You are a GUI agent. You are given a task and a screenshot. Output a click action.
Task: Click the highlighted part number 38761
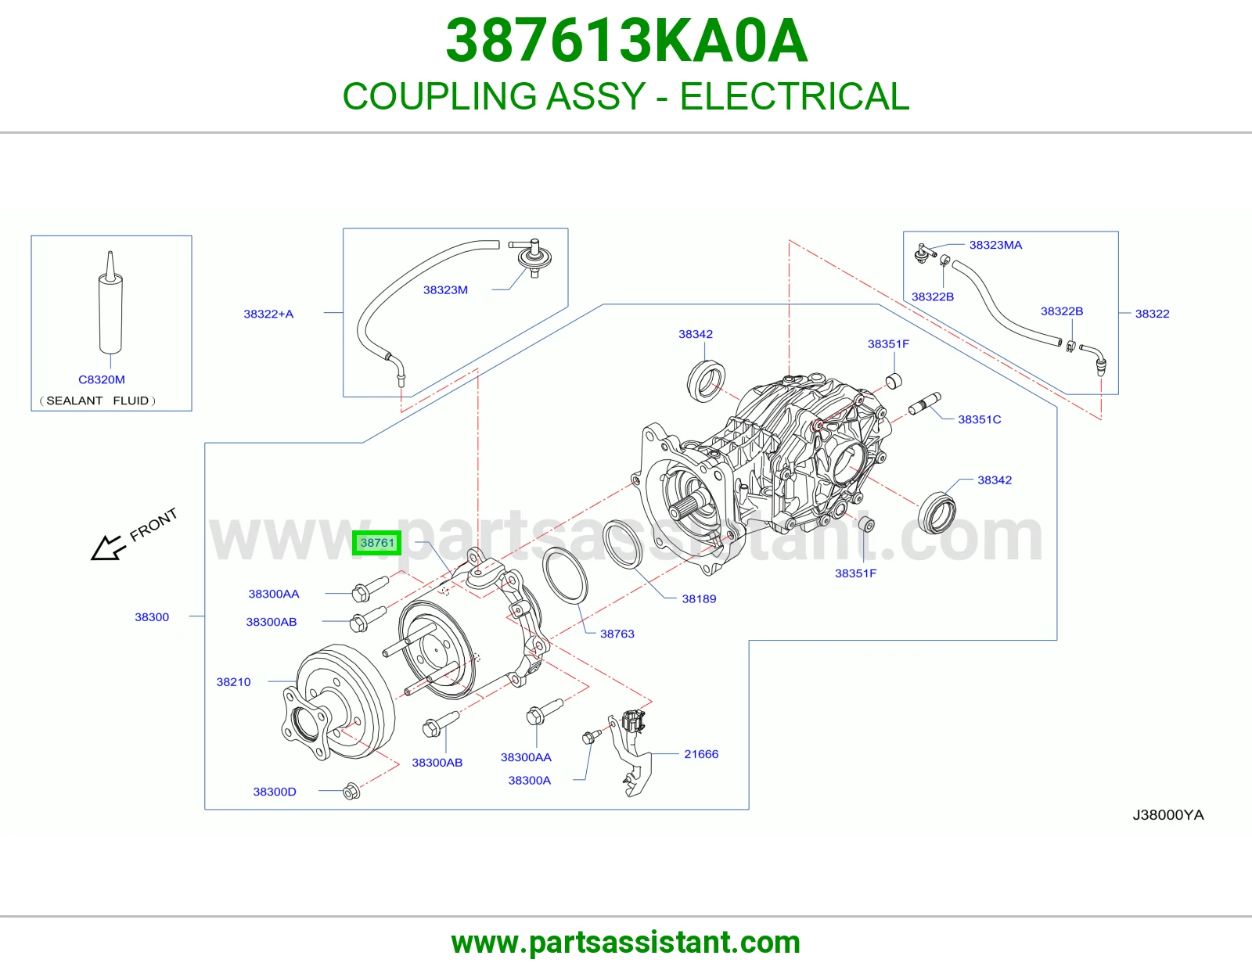[x=377, y=543]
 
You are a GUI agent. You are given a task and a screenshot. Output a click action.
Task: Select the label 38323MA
[x=995, y=245]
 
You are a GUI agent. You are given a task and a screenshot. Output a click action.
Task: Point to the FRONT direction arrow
[x=106, y=548]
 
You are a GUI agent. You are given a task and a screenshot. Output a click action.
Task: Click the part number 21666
[x=700, y=754]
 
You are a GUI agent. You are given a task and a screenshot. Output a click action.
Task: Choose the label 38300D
[x=274, y=792]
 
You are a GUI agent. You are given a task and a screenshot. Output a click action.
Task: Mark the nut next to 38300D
[x=351, y=791]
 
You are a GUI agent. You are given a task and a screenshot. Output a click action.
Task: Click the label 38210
[x=233, y=682]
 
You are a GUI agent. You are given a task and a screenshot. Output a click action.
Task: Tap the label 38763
[x=617, y=634]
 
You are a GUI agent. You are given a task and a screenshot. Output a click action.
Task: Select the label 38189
[x=699, y=598]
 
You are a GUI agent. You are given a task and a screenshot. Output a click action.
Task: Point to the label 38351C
[x=979, y=419]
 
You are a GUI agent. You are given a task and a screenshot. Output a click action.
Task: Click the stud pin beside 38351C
[x=924, y=404]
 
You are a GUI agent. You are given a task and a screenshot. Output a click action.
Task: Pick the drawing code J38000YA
[x=1167, y=815]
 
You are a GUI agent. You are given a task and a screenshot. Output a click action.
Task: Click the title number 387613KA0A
[x=626, y=41]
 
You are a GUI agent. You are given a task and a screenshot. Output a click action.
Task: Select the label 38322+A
[x=268, y=314]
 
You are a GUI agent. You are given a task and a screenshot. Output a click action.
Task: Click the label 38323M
[x=445, y=289]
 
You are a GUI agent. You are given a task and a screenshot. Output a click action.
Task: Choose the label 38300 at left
[x=152, y=617]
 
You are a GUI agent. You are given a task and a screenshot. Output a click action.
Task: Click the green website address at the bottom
[x=626, y=943]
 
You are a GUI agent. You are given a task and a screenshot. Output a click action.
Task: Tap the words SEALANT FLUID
[x=97, y=401]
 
